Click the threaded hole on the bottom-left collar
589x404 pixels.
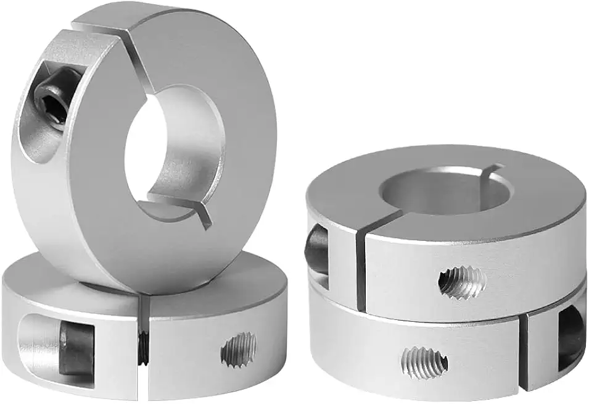click(x=239, y=349)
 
